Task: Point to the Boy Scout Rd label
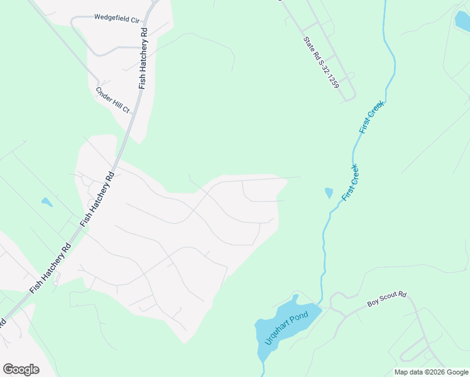[387, 303]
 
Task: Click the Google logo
[21, 369]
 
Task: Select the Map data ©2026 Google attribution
[431, 372]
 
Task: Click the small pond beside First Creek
[329, 193]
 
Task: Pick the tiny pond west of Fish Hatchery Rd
[46, 202]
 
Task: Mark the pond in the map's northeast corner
[463, 20]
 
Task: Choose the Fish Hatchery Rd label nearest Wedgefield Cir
[144, 58]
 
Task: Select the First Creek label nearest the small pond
[351, 182]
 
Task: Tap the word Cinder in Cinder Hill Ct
[104, 94]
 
